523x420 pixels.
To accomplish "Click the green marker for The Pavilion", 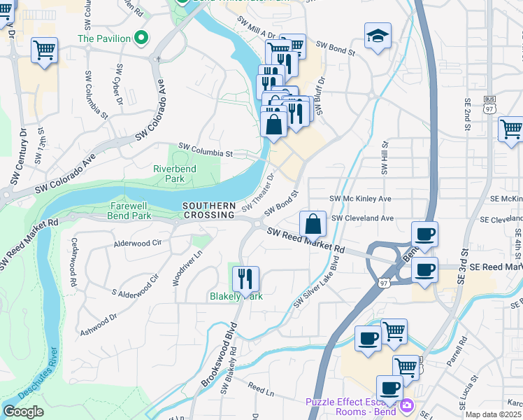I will point(142,38).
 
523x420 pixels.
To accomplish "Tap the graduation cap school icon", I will point(378,36).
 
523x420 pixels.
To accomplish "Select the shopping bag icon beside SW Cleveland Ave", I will point(313,225).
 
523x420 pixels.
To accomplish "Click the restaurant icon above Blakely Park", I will point(245,278).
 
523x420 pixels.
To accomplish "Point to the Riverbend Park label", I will point(175,174).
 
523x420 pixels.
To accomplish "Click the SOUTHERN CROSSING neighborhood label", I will point(208,210).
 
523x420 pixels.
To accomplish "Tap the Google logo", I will point(23,412).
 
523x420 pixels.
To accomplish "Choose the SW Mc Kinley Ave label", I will point(360,199).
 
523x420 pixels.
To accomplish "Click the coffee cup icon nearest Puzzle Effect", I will point(389,388).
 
